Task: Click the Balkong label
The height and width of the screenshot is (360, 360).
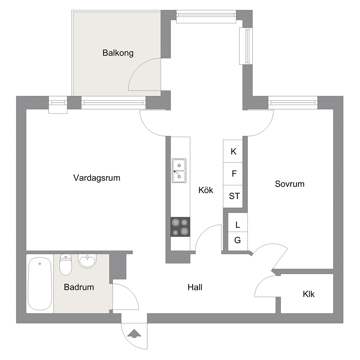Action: (x=118, y=53)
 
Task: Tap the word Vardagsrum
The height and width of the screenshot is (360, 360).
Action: (x=97, y=178)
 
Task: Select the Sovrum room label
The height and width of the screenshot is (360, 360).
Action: (x=290, y=184)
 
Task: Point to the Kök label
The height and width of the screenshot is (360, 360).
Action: (x=206, y=190)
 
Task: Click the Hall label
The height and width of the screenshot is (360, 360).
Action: (x=195, y=287)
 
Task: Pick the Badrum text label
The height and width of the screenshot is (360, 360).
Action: (x=79, y=287)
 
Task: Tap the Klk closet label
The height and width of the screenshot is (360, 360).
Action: (x=308, y=294)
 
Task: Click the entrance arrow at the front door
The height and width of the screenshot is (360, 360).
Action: (x=134, y=334)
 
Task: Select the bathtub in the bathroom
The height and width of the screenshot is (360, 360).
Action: (x=40, y=284)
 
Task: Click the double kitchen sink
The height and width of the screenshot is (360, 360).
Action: (x=179, y=171)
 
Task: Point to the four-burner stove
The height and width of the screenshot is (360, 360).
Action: (x=180, y=227)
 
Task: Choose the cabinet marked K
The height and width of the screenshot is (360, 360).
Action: (x=233, y=151)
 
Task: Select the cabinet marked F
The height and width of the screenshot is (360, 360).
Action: (x=233, y=174)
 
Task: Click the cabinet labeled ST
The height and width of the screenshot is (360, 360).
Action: (x=233, y=197)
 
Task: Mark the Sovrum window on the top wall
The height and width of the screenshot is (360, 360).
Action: (x=293, y=103)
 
